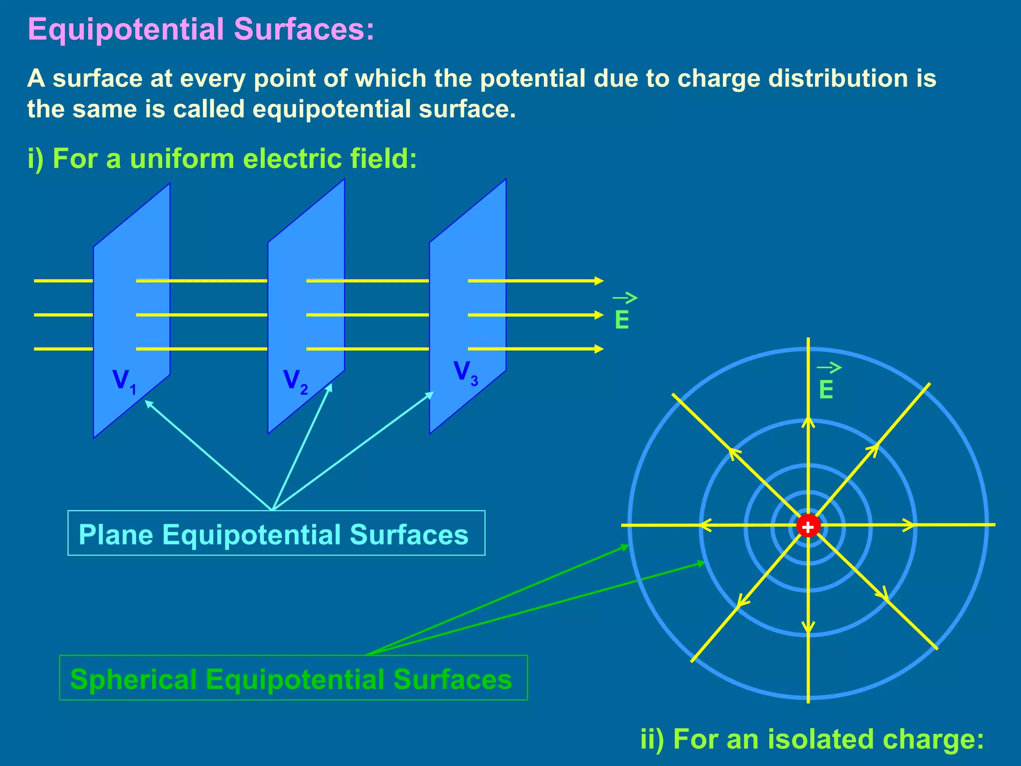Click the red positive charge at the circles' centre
(x=808, y=526)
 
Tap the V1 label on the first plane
(x=124, y=382)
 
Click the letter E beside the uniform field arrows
(x=622, y=320)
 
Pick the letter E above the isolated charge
(x=826, y=389)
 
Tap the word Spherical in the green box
(x=133, y=679)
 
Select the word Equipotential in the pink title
(x=126, y=29)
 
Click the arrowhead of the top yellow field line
(x=599, y=281)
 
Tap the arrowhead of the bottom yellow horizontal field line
(x=599, y=349)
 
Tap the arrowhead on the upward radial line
(x=808, y=422)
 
